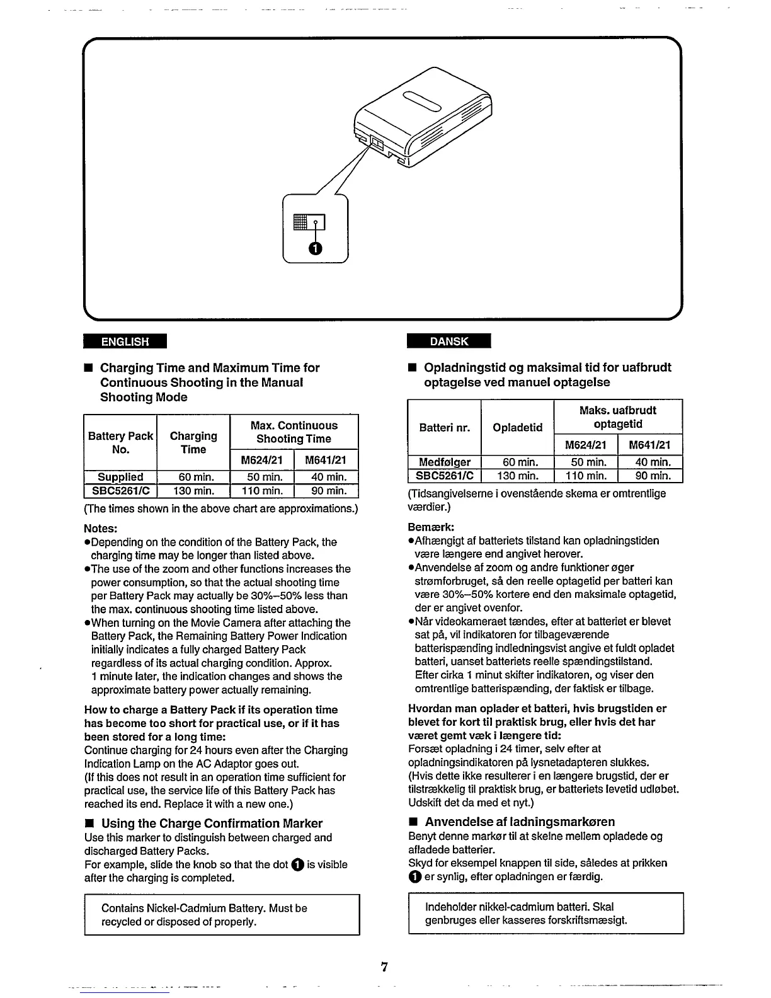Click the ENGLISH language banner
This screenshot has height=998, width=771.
(125, 341)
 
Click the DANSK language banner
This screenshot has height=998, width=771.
(448, 341)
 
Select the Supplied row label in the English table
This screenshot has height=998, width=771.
(120, 477)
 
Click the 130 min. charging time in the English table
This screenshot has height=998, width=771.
(193, 491)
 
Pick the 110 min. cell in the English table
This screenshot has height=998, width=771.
(263, 491)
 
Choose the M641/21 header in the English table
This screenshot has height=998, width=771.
(326, 459)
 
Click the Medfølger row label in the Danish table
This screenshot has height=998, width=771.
(444, 462)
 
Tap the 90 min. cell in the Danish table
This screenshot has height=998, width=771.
(651, 476)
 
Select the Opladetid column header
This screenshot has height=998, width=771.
(517, 427)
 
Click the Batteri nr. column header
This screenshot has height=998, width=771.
(444, 427)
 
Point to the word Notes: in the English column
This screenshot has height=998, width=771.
(101, 528)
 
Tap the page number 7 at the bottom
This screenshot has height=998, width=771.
(384, 967)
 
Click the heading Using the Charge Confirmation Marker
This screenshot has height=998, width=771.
(212, 823)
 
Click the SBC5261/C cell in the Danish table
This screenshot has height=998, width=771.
(444, 476)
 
